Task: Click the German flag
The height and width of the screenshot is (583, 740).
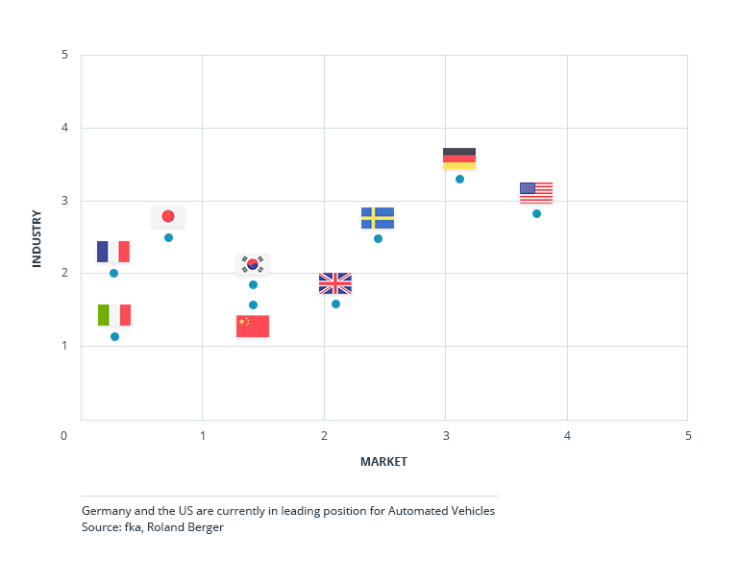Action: click(x=459, y=158)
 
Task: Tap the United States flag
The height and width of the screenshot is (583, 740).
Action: click(x=536, y=192)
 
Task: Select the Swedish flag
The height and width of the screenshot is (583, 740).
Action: click(x=378, y=218)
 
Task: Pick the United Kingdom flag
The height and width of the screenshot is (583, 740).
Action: click(x=335, y=283)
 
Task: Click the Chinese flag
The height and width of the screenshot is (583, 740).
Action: click(x=253, y=326)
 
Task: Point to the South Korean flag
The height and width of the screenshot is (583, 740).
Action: click(x=253, y=264)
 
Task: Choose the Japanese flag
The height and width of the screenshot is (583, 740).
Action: click(x=168, y=216)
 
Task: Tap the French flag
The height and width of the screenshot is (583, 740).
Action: click(x=113, y=252)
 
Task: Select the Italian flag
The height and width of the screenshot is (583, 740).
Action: click(x=114, y=315)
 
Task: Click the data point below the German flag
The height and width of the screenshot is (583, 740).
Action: click(x=459, y=179)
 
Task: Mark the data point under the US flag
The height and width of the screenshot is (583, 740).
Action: click(x=536, y=213)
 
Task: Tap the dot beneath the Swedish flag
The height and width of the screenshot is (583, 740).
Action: click(x=378, y=238)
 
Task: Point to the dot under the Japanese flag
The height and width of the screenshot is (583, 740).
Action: click(x=168, y=237)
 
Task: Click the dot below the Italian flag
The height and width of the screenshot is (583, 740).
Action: click(x=114, y=336)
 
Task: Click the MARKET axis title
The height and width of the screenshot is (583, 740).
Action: click(x=383, y=462)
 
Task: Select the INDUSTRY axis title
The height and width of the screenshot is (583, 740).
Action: click(x=37, y=238)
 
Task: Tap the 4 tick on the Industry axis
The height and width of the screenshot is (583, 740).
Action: click(x=63, y=128)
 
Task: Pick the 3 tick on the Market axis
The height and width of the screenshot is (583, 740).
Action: click(x=446, y=436)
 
